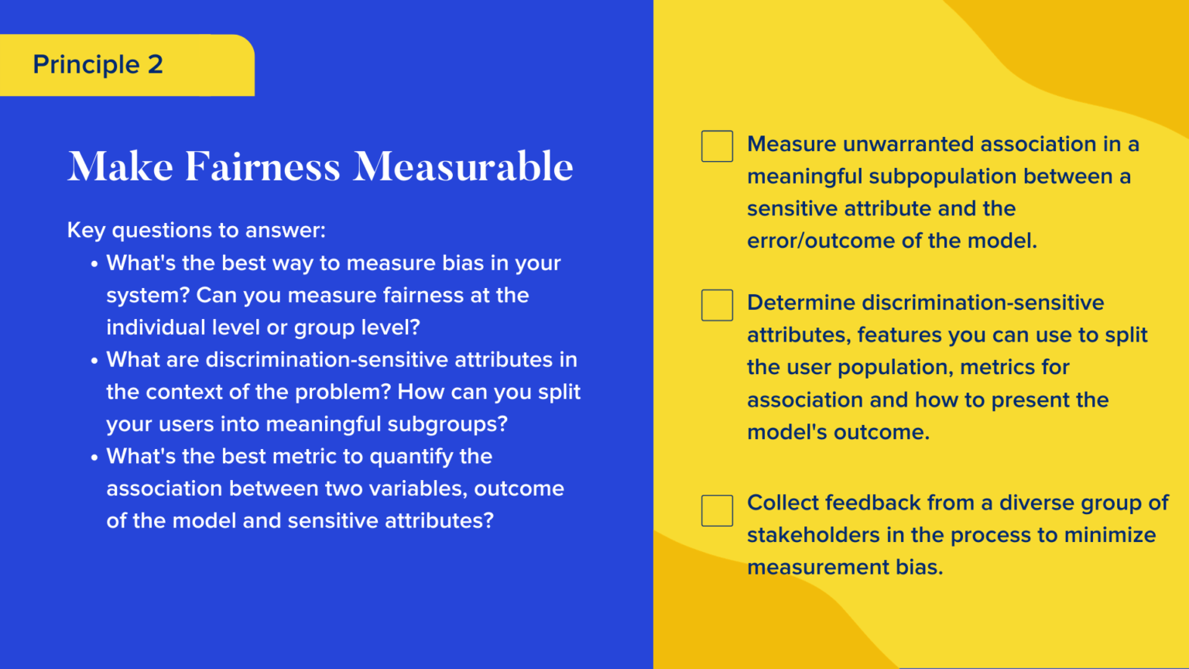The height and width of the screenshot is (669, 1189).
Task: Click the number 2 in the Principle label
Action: click(156, 65)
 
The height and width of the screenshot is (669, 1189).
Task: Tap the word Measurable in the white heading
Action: click(463, 166)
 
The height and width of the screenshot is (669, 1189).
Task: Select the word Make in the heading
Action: click(121, 166)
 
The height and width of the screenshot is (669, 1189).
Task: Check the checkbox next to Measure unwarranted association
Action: click(717, 146)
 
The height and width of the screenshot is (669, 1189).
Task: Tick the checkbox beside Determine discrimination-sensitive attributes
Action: click(717, 305)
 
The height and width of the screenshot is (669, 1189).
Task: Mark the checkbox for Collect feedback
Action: click(717, 511)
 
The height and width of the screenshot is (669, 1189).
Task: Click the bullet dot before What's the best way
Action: click(94, 264)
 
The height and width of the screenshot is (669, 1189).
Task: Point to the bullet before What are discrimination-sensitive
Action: click(94, 361)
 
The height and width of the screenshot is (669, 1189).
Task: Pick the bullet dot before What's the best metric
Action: click(94, 457)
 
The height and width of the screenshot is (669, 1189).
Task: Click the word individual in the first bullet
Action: click(156, 328)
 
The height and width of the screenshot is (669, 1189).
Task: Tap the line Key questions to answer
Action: click(197, 231)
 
